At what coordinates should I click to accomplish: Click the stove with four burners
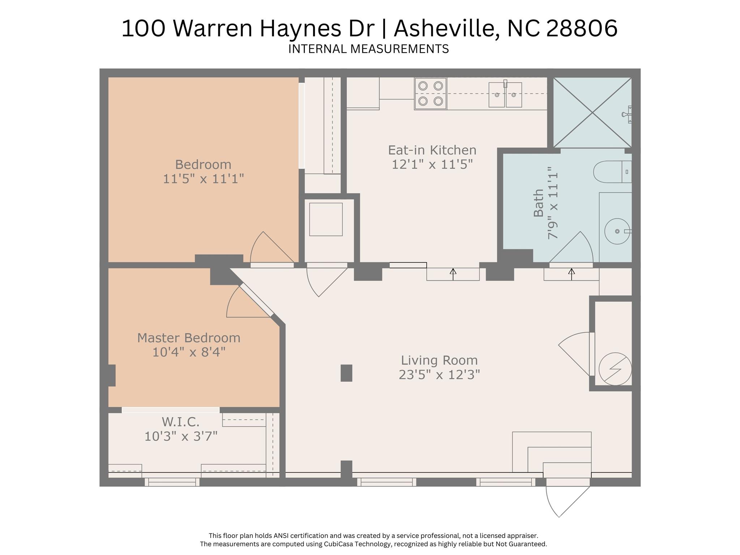tap(431, 94)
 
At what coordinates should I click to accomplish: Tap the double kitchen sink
tap(505, 94)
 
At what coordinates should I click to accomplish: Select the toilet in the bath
tap(612, 172)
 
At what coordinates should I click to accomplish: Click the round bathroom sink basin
tap(617, 231)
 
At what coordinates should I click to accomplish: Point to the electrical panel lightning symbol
tap(615, 369)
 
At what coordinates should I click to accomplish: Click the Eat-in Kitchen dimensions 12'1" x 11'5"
tap(432, 165)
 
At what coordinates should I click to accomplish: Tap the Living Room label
tap(439, 360)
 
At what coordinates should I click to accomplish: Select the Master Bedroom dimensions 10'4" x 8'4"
tap(189, 352)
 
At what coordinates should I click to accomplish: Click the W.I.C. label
tap(180, 422)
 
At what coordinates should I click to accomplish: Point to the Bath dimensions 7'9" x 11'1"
tap(553, 202)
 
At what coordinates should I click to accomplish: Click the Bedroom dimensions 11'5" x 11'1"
tap(204, 179)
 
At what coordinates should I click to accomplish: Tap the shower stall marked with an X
tap(593, 112)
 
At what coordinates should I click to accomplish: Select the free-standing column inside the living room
tap(346, 373)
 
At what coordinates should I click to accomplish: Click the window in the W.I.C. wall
tap(172, 482)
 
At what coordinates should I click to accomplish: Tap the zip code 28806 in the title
tap(582, 29)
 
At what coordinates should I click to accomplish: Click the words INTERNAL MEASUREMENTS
tap(368, 49)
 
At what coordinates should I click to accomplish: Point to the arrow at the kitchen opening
tap(453, 274)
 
